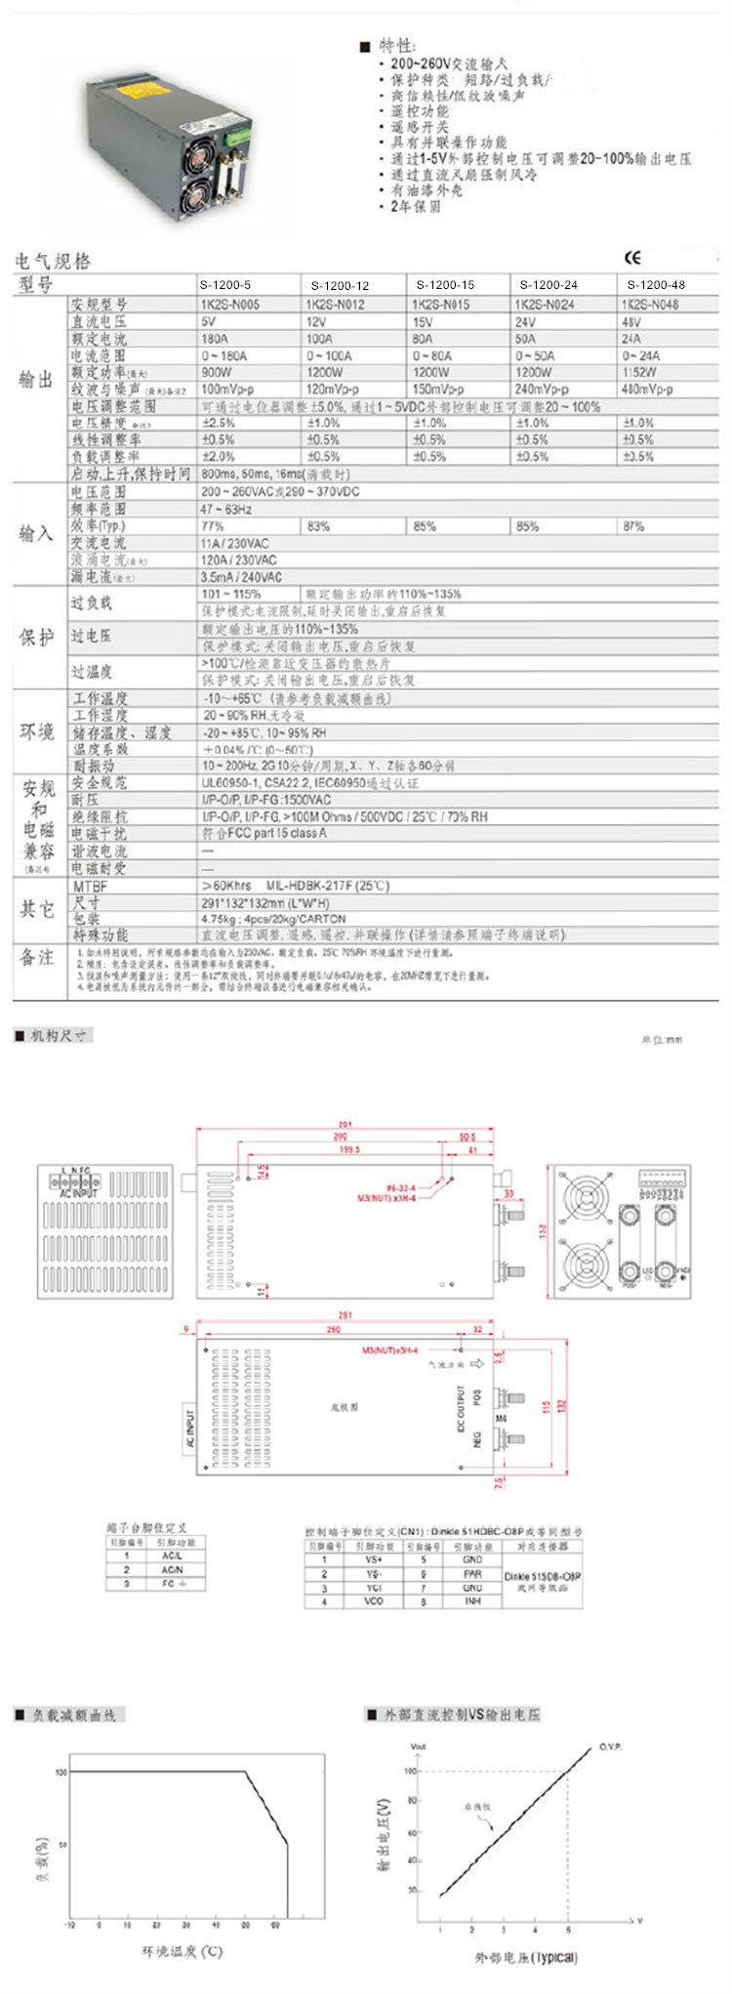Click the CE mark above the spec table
click(x=632, y=258)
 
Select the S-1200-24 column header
click(x=549, y=285)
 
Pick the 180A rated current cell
click(x=215, y=339)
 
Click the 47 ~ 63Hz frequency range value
click(x=226, y=510)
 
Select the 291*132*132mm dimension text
click(x=255, y=903)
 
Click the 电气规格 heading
click(x=53, y=262)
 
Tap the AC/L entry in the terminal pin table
click(x=172, y=1556)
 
